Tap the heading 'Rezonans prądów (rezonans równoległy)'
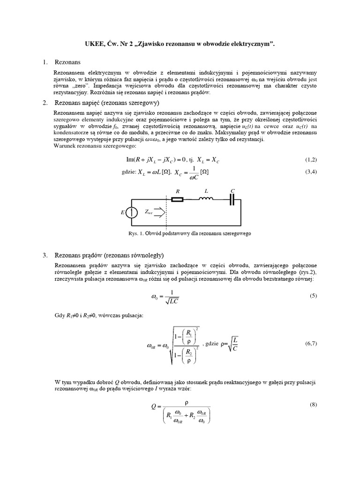coord(109,255)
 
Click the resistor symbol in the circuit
coord(177,199)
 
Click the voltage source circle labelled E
coord(133,212)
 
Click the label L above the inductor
coord(205,191)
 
